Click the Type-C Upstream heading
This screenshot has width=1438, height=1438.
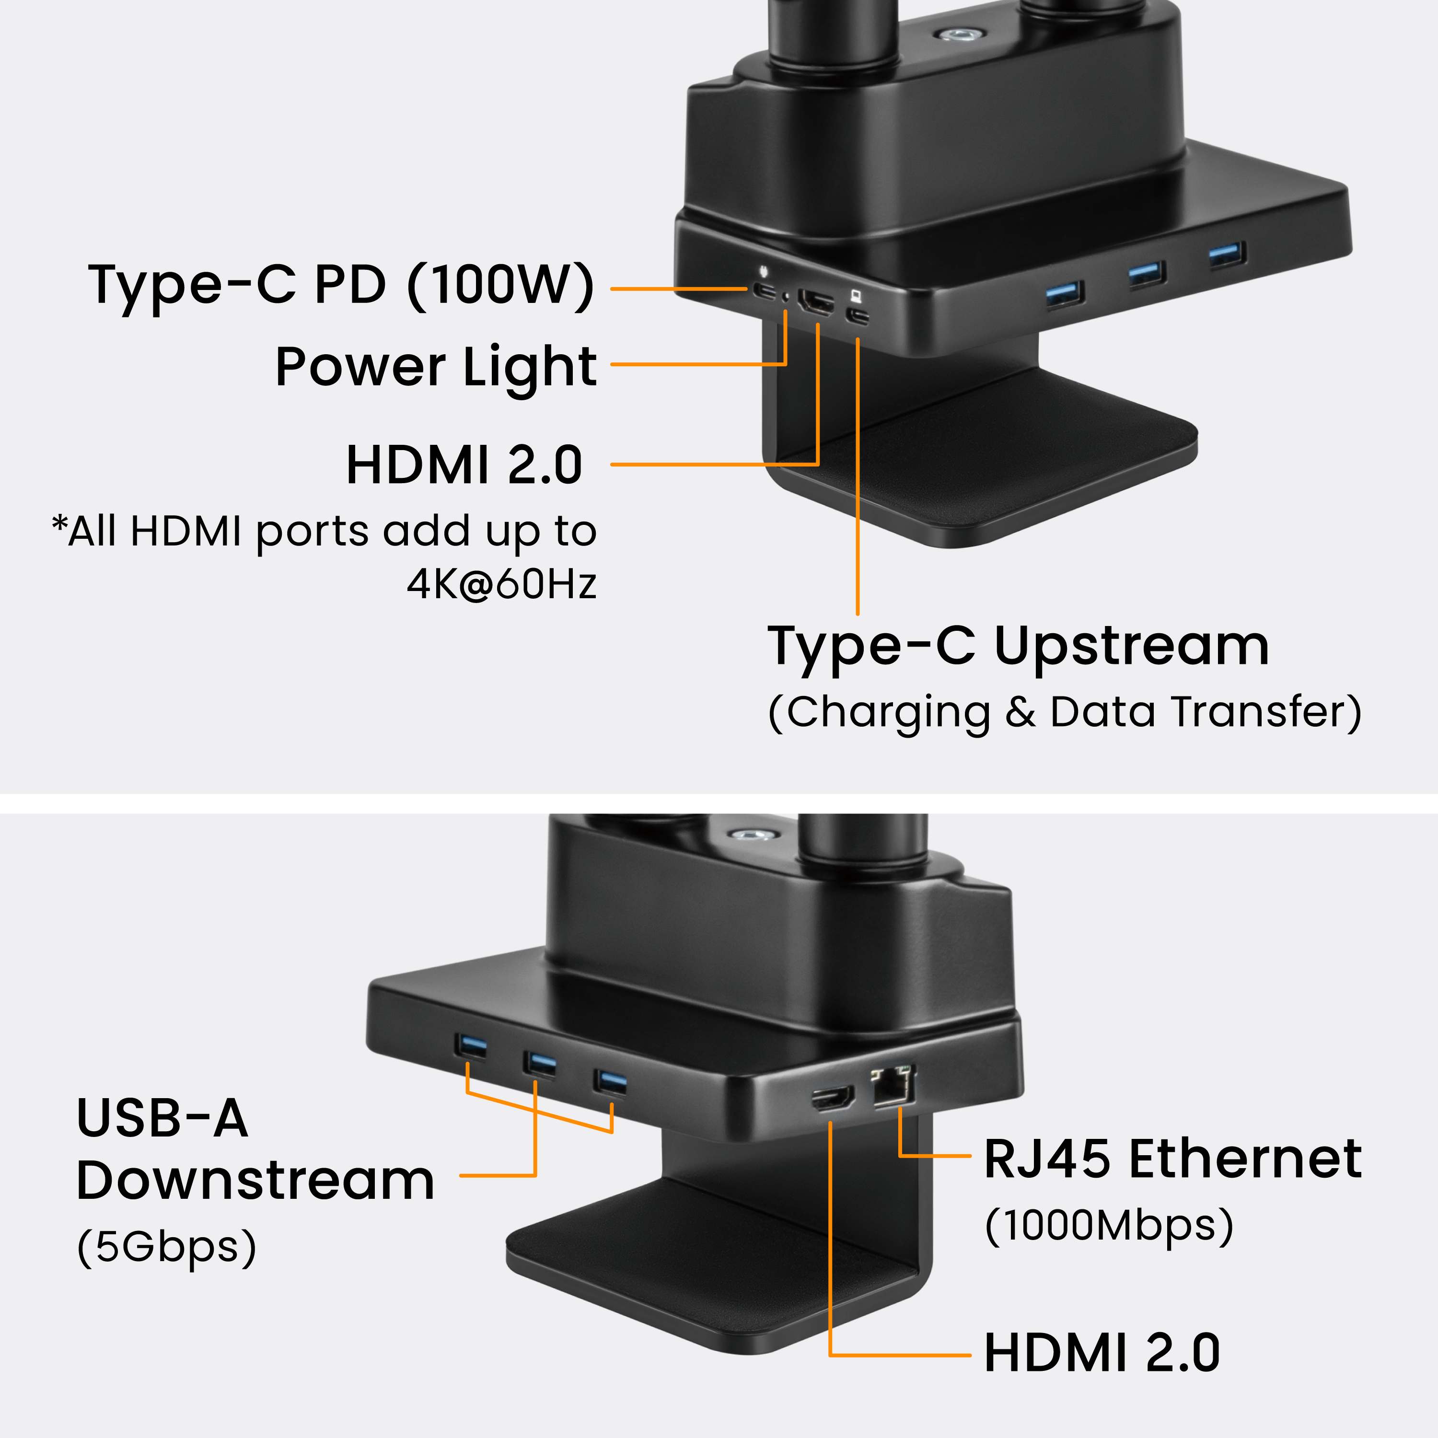pyautogui.click(x=1018, y=646)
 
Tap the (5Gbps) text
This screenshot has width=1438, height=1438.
pyautogui.click(x=167, y=1247)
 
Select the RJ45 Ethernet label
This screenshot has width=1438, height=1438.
pyautogui.click(x=1173, y=1160)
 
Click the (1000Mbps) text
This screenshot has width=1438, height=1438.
pyautogui.click(x=1109, y=1225)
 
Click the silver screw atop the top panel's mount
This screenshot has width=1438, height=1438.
pyautogui.click(x=957, y=34)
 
